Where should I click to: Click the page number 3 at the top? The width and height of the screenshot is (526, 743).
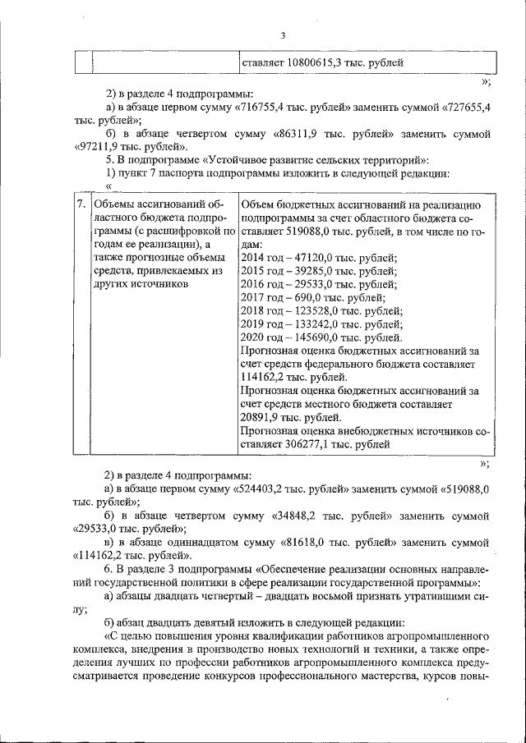(x=283, y=35)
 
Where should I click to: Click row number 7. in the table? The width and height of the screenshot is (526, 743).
(x=81, y=204)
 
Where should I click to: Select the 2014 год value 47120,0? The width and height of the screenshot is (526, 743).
(x=314, y=258)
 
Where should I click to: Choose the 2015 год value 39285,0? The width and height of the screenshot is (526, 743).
(x=314, y=271)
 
